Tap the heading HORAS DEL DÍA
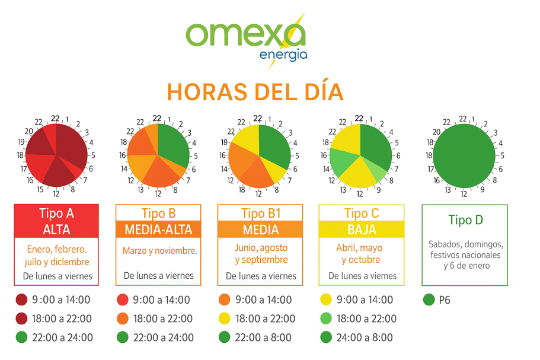[255, 93]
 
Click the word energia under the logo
[283, 55]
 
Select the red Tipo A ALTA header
[57, 221]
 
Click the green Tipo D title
[465, 220]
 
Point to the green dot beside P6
[429, 300]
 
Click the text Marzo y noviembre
[160, 251]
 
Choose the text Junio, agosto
[261, 248]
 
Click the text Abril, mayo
[362, 248]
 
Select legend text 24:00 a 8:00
[365, 337]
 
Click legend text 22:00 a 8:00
[263, 337]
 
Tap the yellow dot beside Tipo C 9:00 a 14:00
[325, 300]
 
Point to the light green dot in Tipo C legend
[325, 318]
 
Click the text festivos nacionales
[465, 255]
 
